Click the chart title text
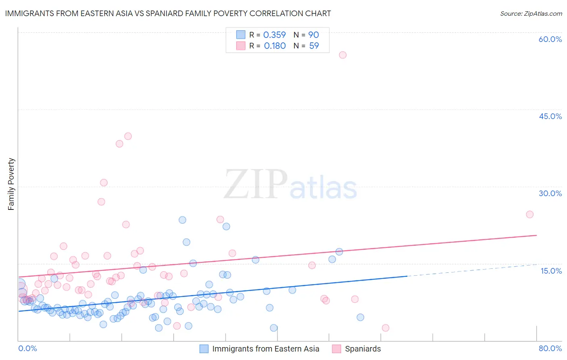168,14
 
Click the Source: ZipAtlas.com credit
531,14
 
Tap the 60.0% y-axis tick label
550,40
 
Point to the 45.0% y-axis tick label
550,117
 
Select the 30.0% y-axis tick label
550,194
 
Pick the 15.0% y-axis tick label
551,271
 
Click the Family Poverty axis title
11,184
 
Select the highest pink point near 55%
343,55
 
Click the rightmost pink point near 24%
529,214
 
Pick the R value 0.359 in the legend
274,35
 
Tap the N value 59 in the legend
314,46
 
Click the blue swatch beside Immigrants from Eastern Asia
204,349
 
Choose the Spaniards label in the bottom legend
363,349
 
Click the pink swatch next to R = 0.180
241,46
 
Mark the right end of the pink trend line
536,235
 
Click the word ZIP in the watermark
256,185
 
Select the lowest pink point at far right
386,328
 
